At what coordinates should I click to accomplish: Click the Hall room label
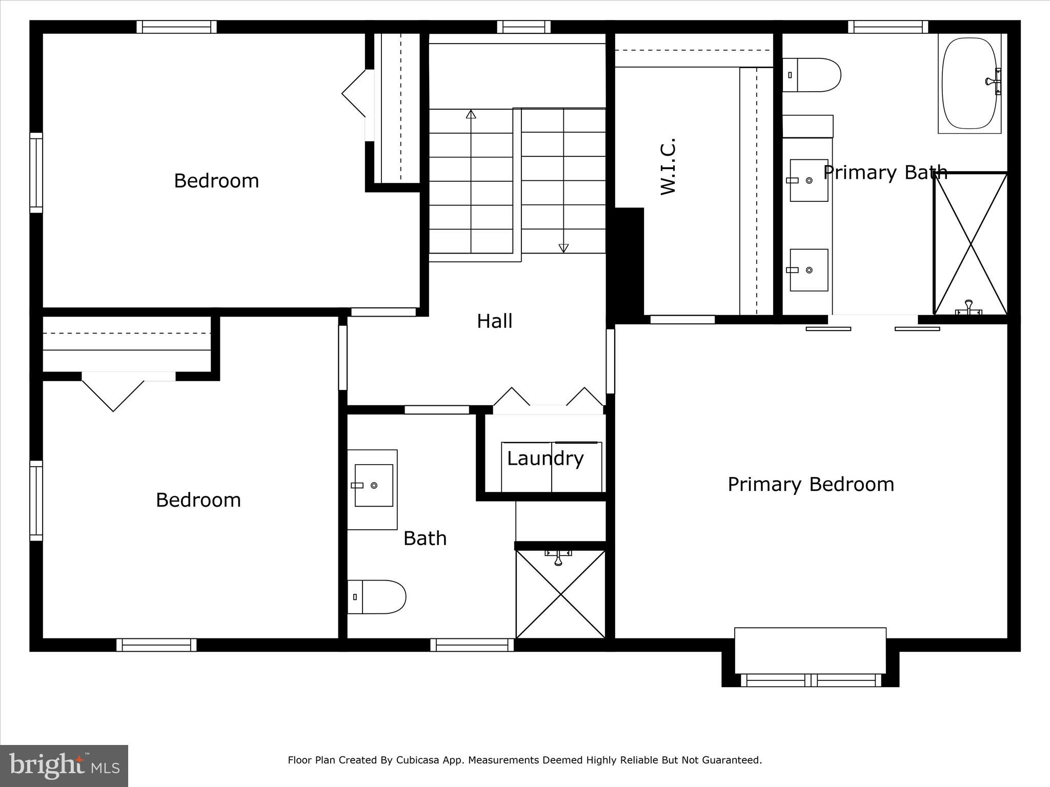pyautogui.click(x=494, y=321)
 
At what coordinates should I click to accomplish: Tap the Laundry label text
pyautogui.click(x=545, y=458)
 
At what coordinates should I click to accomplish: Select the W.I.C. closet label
pyautogui.click(x=668, y=166)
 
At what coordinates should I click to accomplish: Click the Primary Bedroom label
pyautogui.click(x=811, y=484)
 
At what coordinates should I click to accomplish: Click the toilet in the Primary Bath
pyautogui.click(x=811, y=75)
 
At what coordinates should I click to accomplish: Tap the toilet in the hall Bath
pyautogui.click(x=377, y=597)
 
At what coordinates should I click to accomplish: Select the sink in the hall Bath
pyautogui.click(x=373, y=485)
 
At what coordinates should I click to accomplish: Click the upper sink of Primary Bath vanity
pyautogui.click(x=809, y=180)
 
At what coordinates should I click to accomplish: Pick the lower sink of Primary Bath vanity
pyautogui.click(x=809, y=270)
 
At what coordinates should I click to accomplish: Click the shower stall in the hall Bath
pyautogui.click(x=561, y=594)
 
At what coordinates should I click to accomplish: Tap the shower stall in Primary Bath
pyautogui.click(x=971, y=244)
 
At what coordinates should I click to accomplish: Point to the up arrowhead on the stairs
pyautogui.click(x=471, y=114)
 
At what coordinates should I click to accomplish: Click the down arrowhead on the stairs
pyautogui.click(x=563, y=248)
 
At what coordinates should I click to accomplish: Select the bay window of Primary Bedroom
pyautogui.click(x=810, y=680)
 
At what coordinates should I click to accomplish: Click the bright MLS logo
pyautogui.click(x=64, y=765)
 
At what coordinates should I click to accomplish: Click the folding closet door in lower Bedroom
pyautogui.click(x=113, y=395)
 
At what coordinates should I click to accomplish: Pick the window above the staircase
pyautogui.click(x=523, y=27)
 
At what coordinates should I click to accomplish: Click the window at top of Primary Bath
pyautogui.click(x=887, y=27)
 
